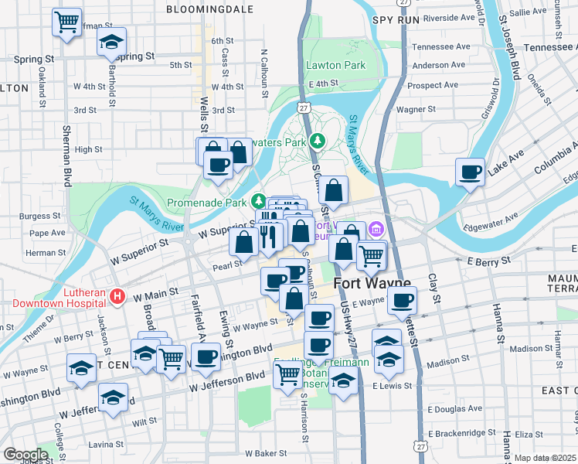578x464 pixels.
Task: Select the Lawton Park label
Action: [335, 65]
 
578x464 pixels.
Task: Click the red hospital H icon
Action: [117, 295]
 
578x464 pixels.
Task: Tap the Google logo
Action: [25, 454]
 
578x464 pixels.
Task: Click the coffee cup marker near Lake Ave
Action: [469, 172]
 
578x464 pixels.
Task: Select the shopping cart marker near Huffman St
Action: [66, 22]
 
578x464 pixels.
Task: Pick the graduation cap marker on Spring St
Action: [112, 42]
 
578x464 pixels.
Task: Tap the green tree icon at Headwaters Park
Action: [317, 141]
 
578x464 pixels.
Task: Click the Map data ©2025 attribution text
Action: [545, 458]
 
